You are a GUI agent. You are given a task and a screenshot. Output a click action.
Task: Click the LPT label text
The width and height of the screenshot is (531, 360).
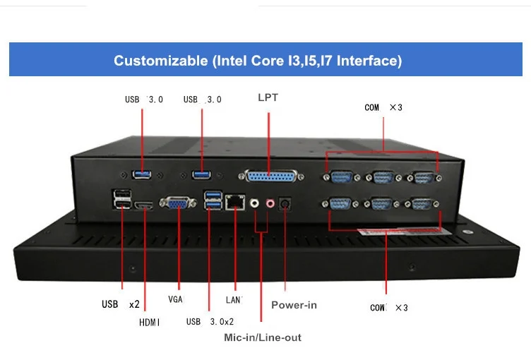(268, 97)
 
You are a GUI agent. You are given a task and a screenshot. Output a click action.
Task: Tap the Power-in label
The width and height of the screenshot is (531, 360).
(294, 305)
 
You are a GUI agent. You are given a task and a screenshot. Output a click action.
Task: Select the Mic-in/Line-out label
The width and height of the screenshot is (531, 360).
(263, 337)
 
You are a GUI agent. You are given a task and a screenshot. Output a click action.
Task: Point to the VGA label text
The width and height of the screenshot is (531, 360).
(176, 299)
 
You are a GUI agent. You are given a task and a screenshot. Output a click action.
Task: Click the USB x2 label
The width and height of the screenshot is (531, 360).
(120, 305)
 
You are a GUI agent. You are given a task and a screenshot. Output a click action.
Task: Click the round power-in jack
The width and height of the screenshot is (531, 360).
(286, 203)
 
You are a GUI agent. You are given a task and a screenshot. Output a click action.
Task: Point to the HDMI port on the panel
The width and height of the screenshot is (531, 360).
(145, 205)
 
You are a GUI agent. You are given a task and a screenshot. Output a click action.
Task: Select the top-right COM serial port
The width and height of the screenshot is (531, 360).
(422, 178)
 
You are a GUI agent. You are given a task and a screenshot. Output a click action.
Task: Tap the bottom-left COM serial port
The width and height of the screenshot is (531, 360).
(340, 205)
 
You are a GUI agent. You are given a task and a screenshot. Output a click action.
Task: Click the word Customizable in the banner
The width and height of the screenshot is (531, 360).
(161, 61)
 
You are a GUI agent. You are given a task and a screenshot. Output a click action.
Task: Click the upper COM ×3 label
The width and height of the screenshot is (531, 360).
(383, 107)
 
